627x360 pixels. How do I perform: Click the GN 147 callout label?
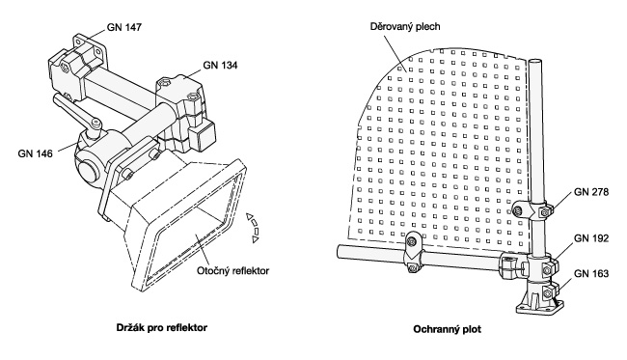tap(124, 27)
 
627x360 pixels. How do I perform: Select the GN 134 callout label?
tap(220, 65)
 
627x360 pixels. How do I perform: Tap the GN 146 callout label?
tap(35, 153)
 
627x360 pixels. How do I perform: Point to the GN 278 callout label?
tap(591, 192)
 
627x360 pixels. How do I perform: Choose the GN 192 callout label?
tap(591, 238)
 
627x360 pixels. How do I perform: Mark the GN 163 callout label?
tap(591, 273)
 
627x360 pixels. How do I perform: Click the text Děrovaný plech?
tap(405, 27)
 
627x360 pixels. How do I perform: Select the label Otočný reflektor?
tap(232, 271)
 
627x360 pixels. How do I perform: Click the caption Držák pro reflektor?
tap(162, 327)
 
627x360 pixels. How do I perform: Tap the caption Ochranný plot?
tap(447, 329)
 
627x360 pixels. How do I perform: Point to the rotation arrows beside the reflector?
tap(253, 228)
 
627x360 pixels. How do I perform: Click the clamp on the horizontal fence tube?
tap(412, 253)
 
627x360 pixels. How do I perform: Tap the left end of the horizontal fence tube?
tap(340, 251)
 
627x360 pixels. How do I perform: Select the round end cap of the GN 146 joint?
tap(89, 172)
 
